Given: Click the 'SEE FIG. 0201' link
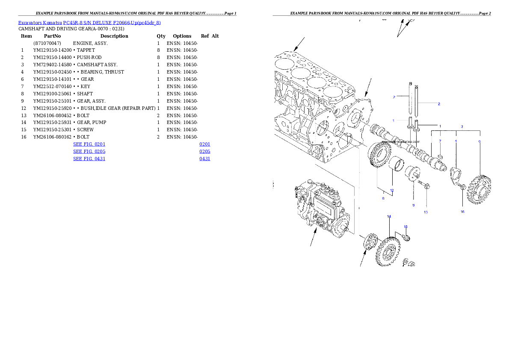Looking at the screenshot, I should (x=89, y=145).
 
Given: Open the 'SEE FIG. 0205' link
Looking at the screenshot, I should (x=89, y=151).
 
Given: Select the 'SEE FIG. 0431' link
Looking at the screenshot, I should (x=89, y=159).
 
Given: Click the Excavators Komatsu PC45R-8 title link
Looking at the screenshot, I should (x=89, y=23).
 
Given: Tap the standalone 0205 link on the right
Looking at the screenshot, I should (x=204, y=151).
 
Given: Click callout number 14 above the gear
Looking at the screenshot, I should (x=389, y=217).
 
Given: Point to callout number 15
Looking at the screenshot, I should (x=406, y=227).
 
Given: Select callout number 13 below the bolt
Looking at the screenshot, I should (x=426, y=212).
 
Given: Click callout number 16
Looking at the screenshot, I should (x=462, y=212).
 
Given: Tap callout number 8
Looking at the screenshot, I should (x=414, y=205).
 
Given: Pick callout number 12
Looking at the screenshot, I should (x=391, y=190).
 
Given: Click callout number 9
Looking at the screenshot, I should (x=383, y=198).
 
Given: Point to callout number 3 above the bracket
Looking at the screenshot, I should (x=462, y=127).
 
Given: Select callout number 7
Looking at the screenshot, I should (x=440, y=141).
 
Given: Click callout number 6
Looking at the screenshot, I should (x=479, y=141).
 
